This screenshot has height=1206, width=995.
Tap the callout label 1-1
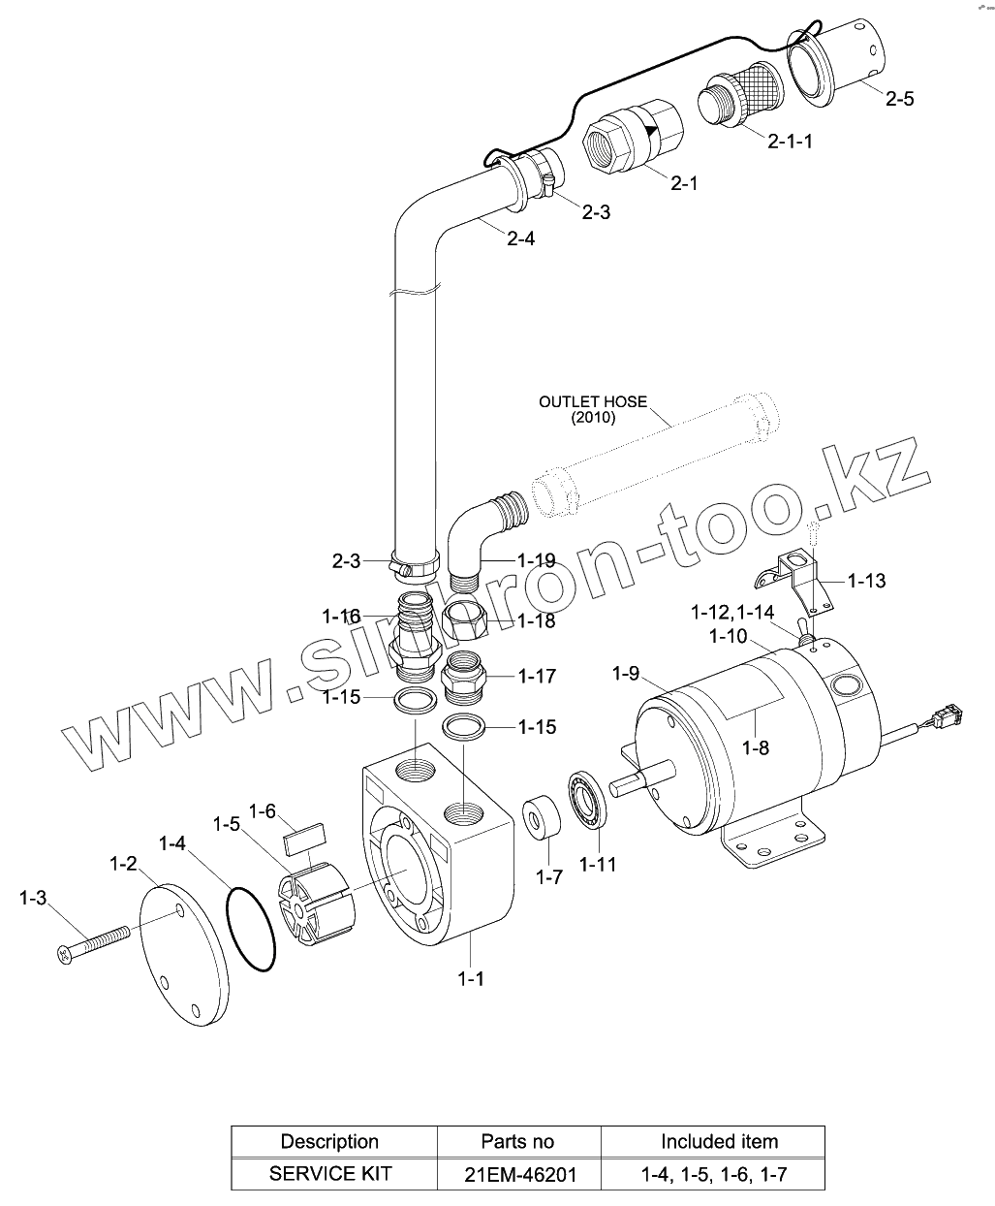point(471,979)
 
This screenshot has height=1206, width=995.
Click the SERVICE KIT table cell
point(330,1173)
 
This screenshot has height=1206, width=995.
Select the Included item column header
point(719,1141)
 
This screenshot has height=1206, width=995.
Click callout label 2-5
point(899,98)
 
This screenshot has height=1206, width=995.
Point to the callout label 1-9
point(626,674)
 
